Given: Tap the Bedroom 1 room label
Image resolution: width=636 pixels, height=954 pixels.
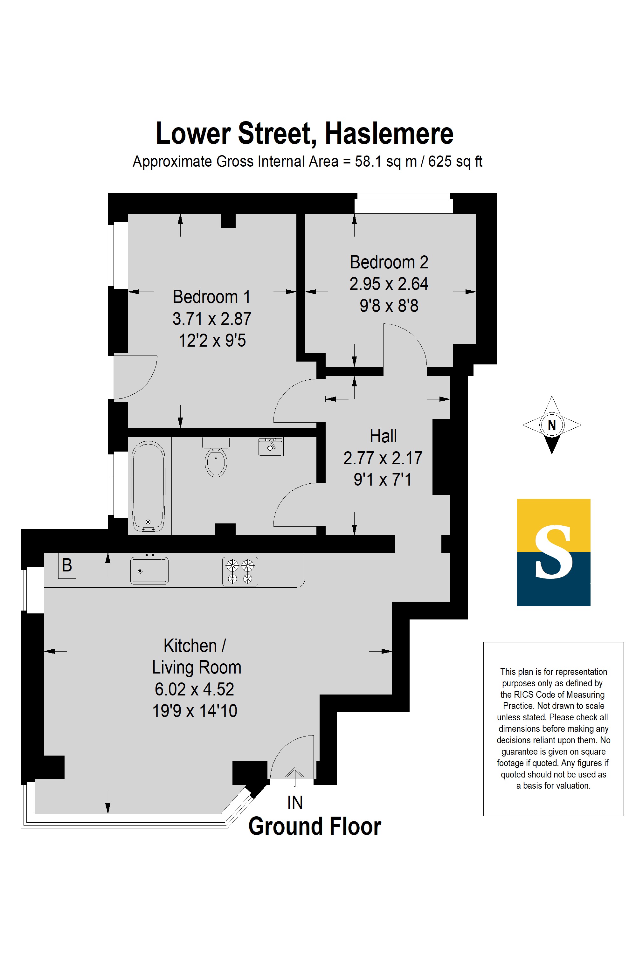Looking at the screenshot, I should pos(211,297).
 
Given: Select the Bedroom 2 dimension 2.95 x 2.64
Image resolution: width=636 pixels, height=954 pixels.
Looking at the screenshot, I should pos(389,284).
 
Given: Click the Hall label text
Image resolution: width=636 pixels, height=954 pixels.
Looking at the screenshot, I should pos(383,436).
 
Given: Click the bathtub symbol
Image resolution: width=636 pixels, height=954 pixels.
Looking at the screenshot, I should pos(149,486).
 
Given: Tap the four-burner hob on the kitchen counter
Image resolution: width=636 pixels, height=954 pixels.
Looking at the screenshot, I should pos(240,571).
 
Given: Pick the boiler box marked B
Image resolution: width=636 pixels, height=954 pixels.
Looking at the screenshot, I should pos(67,565).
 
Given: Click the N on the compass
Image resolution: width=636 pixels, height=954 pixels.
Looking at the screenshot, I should pos(552,425).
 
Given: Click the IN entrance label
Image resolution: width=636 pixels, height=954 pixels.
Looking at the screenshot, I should pos(295,803).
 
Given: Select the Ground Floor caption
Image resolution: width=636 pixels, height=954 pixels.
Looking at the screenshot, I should pos(315,826).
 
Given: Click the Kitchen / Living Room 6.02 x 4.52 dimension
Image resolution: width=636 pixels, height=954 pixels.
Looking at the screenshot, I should pos(194,689).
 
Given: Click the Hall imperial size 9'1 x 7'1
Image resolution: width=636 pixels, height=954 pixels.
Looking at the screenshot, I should pos(383,480).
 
